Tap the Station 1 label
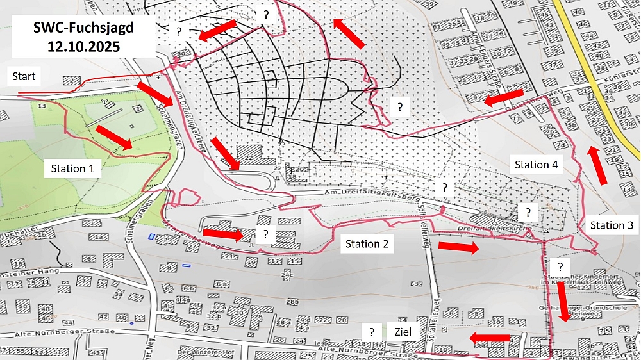[72, 169]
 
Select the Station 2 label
[367, 243]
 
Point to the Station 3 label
[611, 225]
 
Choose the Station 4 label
[537, 165]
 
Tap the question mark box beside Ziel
[371, 332]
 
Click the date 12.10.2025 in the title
[83, 47]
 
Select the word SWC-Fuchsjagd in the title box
[83, 28]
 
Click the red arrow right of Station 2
[458, 247]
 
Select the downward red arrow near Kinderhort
[562, 301]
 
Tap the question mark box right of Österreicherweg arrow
[265, 234]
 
